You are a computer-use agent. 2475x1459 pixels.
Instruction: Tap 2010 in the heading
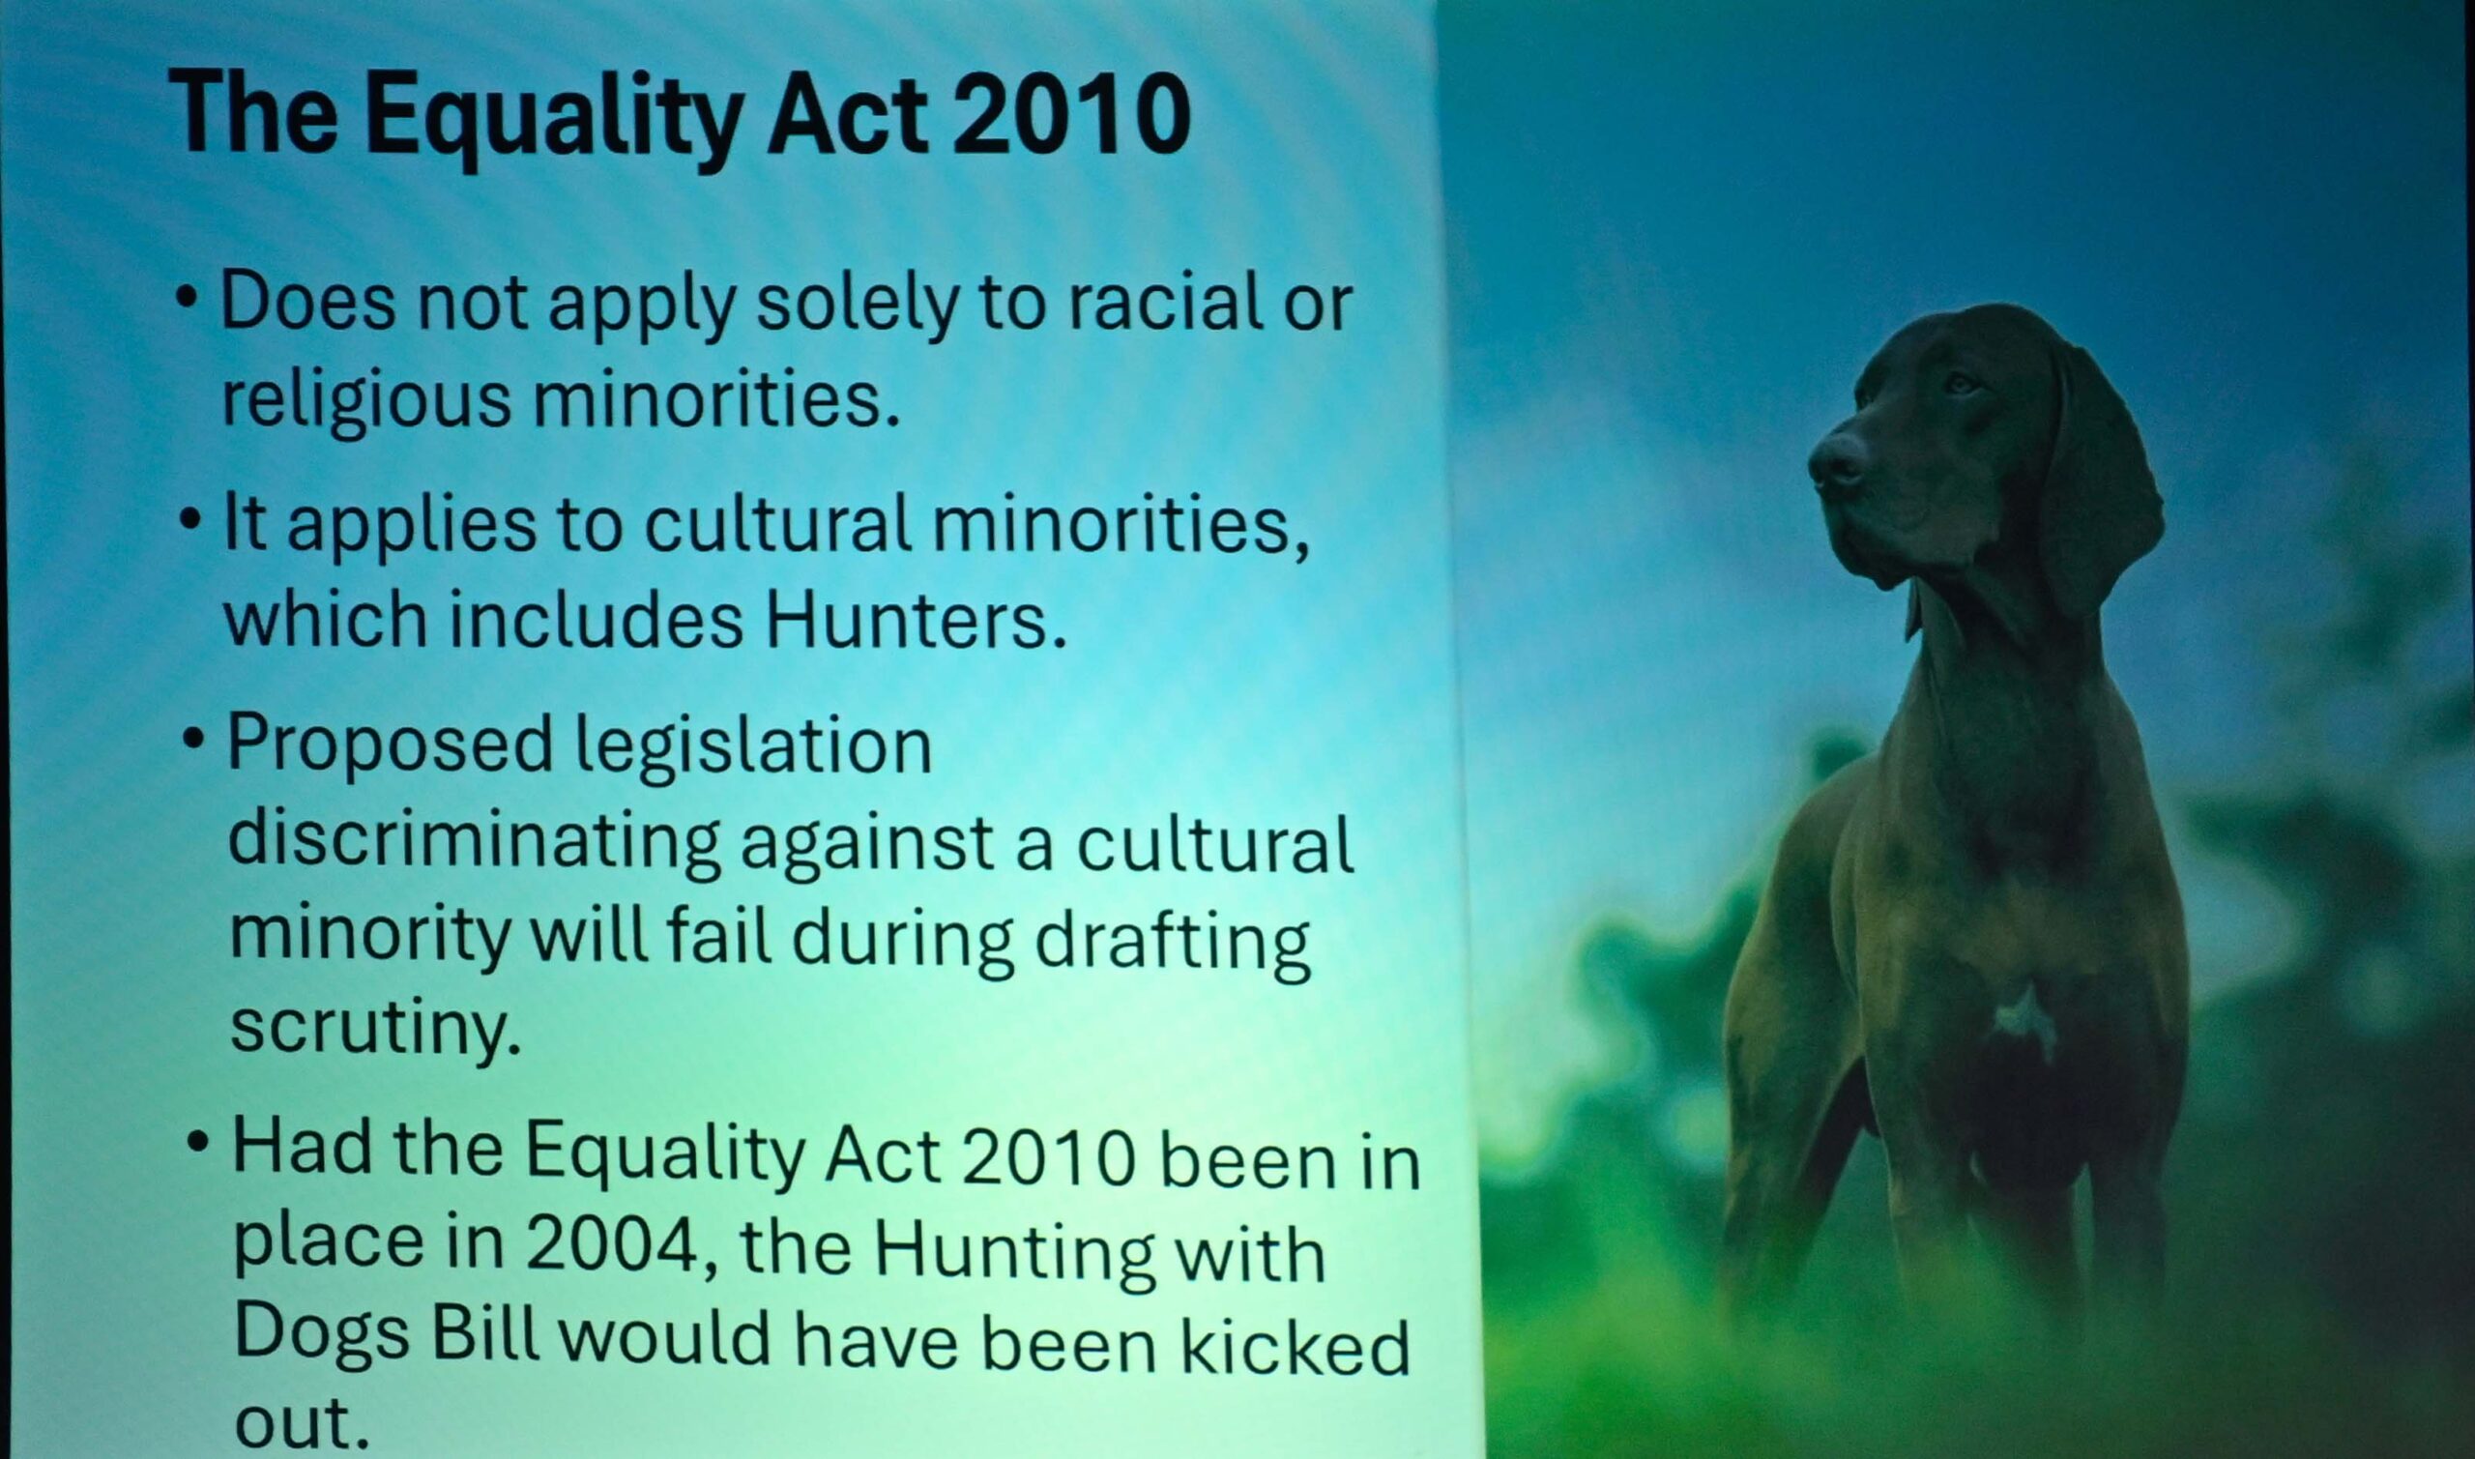click(x=1071, y=114)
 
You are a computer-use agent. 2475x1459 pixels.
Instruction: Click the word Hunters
click(x=916, y=621)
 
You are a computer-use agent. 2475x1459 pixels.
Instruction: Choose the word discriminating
click(x=475, y=844)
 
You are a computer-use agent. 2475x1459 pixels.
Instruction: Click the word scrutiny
click(x=374, y=1030)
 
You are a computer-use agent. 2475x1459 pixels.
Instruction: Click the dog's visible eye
click(x=1962, y=383)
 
